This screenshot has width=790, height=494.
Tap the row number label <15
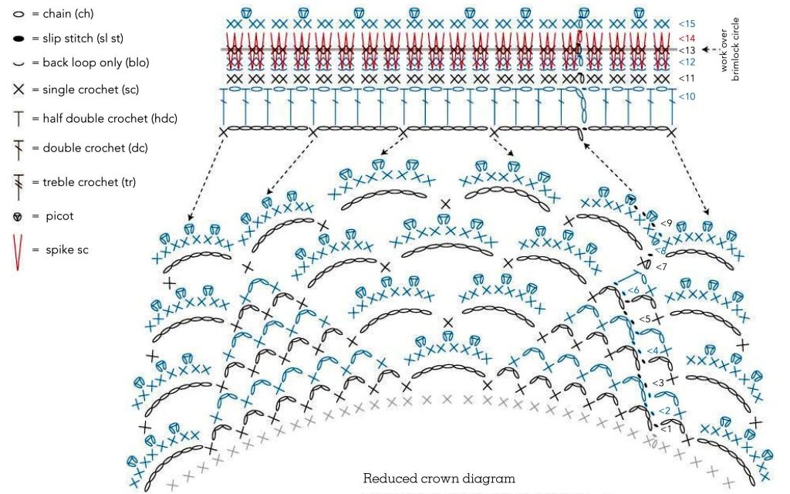point(687,24)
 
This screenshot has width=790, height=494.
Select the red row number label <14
point(687,38)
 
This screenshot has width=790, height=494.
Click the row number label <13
point(687,50)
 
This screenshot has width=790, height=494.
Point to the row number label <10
point(687,96)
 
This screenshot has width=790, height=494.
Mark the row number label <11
point(687,78)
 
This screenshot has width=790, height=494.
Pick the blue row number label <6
point(633,290)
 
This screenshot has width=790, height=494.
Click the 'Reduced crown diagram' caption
point(439,479)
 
